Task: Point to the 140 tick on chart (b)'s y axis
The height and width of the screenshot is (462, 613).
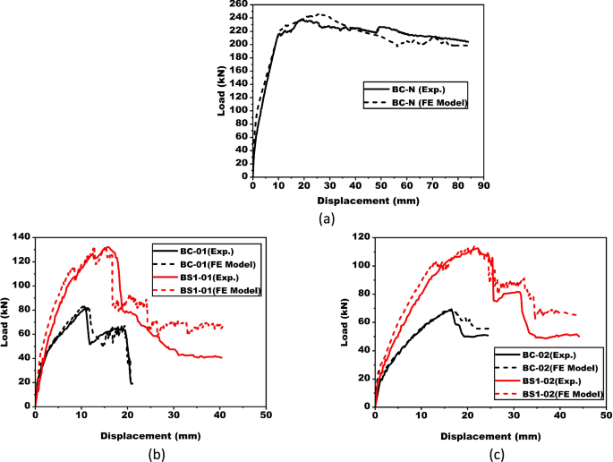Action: click(x=19, y=237)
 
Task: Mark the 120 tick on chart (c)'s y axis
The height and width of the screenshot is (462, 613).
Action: click(x=358, y=237)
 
